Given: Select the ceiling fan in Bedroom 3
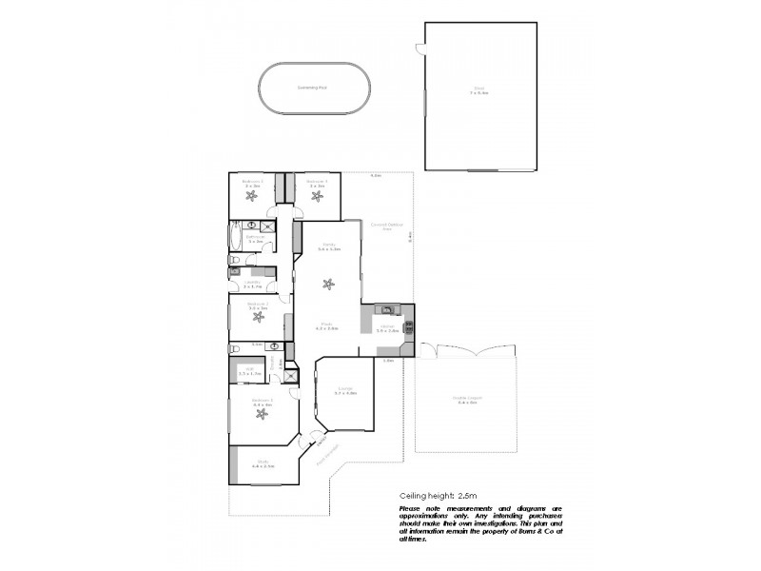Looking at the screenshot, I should [x=252, y=196].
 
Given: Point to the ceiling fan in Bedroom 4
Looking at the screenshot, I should [x=318, y=196].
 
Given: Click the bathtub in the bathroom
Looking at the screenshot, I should [x=235, y=236].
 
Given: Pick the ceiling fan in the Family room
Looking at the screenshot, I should [x=328, y=284].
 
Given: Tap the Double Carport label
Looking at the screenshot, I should [x=466, y=403].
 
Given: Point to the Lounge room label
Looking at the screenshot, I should [x=346, y=390].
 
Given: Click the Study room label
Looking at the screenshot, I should [x=263, y=465].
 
